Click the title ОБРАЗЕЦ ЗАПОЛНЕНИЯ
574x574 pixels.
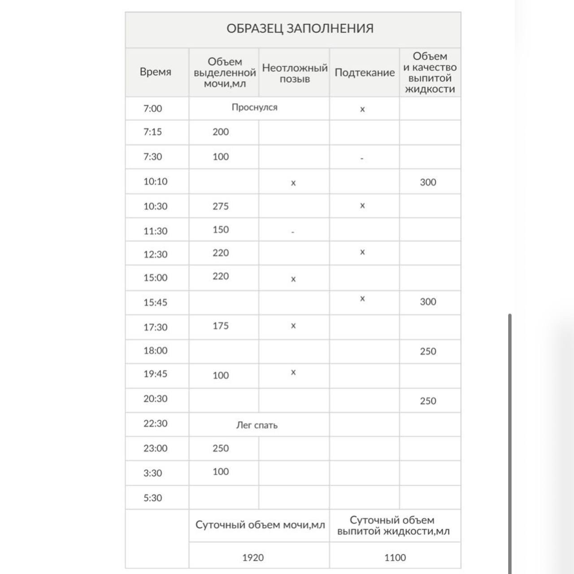pyautogui.click(x=300, y=29)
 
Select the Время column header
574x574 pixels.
pyautogui.click(x=155, y=72)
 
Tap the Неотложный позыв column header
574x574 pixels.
pyautogui.click(x=295, y=74)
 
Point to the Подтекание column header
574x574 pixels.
pyautogui.click(x=364, y=73)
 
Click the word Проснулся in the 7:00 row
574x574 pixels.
pyautogui.click(x=254, y=108)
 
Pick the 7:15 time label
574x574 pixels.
pyautogui.click(x=152, y=132)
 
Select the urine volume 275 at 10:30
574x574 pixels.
pyautogui.click(x=221, y=206)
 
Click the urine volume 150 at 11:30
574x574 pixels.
pyautogui.click(x=221, y=230)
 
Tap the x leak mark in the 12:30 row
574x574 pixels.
pyautogui.click(x=362, y=252)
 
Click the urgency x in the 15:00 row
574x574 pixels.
pyautogui.click(x=293, y=279)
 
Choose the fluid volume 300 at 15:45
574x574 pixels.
pyautogui.click(x=428, y=302)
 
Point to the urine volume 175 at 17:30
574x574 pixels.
pyautogui.click(x=221, y=326)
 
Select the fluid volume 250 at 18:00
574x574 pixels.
pyautogui.click(x=428, y=352)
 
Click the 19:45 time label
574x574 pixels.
pyautogui.click(x=155, y=374)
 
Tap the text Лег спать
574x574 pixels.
pyautogui.click(x=257, y=425)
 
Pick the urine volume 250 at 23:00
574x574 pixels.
pyautogui.click(x=221, y=448)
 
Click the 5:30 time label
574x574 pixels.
pyautogui.click(x=152, y=498)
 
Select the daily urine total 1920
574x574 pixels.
pyautogui.click(x=253, y=557)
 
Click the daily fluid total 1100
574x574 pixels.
pyautogui.click(x=395, y=557)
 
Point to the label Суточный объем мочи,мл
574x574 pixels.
pyautogui.click(x=260, y=525)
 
